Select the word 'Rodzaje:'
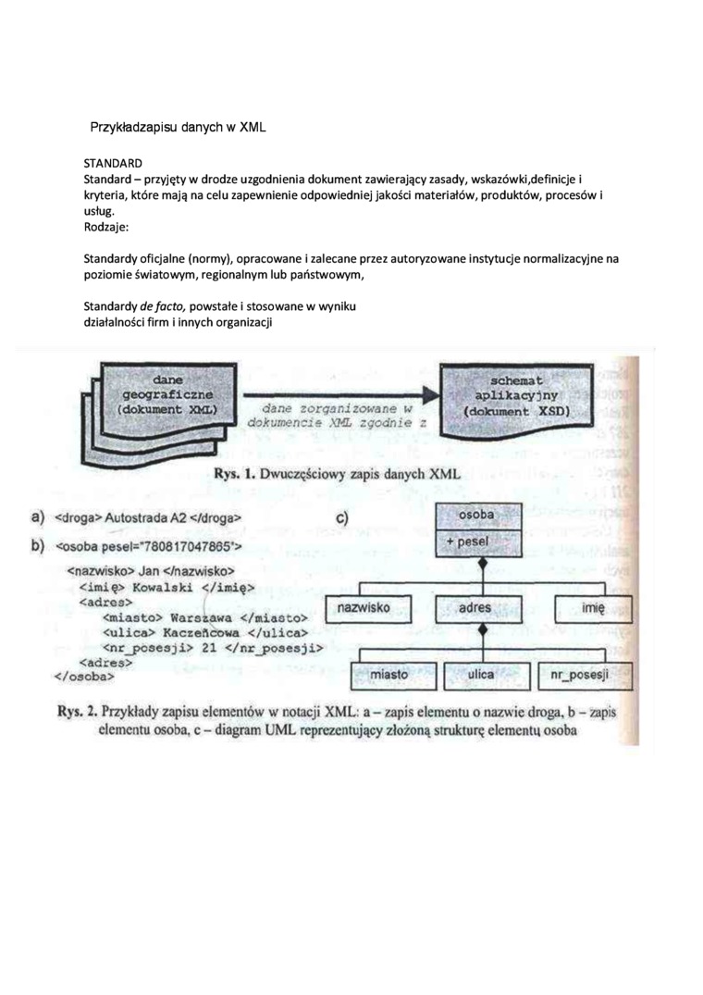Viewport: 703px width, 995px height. (108, 226)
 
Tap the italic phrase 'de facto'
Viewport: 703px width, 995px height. (163, 306)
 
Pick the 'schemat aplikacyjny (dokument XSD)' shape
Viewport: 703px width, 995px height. (518, 395)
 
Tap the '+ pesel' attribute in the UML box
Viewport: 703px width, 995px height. (477, 542)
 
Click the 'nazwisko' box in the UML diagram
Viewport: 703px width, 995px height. (363, 607)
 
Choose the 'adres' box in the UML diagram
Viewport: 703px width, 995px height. (475, 608)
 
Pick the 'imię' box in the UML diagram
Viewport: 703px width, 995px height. (592, 608)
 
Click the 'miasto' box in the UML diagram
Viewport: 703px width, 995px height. (388, 675)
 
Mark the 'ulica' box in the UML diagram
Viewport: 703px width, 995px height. (481, 675)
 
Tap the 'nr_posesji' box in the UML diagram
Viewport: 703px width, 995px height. (586, 676)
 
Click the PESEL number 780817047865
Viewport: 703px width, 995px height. (181, 545)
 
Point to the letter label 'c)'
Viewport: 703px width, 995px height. (342, 519)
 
